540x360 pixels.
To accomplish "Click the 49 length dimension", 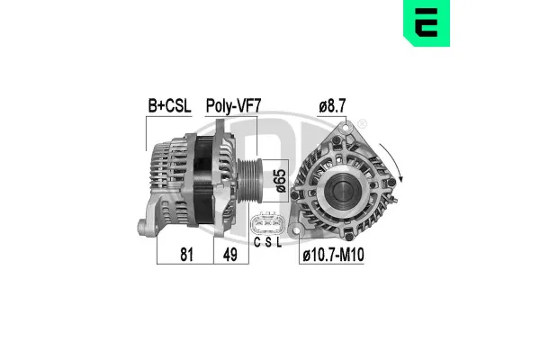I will tap(230, 254).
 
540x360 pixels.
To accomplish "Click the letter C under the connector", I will tap(256, 243).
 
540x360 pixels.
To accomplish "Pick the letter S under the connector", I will tap(267, 243).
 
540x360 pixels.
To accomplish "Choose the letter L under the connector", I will tap(279, 243).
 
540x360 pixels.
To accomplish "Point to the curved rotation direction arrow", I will tap(400, 162).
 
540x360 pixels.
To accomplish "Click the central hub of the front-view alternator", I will tap(343, 187).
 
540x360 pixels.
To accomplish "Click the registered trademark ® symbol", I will tap(362, 123).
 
